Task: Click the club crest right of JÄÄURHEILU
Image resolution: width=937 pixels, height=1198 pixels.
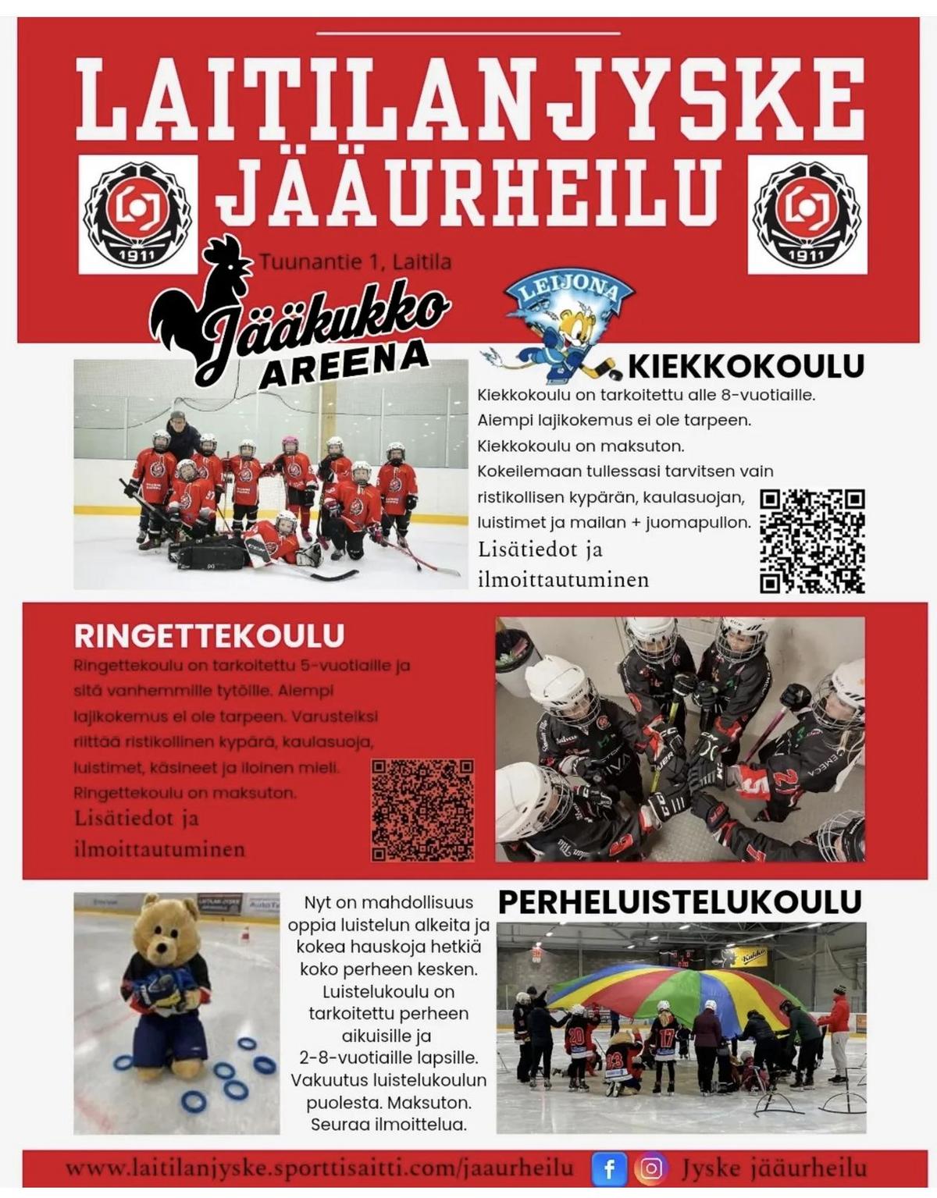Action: click(x=807, y=215)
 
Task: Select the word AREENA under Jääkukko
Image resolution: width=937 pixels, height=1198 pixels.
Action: click(x=344, y=364)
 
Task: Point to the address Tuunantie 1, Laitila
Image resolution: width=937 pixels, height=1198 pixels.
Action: click(x=355, y=261)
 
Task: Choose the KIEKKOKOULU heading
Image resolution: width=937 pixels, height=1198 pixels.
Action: click(x=746, y=365)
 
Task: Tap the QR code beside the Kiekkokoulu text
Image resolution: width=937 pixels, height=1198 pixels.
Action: click(x=812, y=540)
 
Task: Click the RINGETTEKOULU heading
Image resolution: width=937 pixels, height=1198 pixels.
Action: click(x=209, y=635)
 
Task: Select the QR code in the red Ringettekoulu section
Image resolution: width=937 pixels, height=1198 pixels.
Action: click(x=422, y=810)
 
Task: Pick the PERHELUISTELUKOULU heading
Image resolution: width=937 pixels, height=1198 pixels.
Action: click(x=679, y=902)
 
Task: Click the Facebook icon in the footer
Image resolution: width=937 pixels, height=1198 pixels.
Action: click(x=610, y=1168)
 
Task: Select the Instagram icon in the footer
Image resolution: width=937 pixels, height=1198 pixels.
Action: click(x=652, y=1168)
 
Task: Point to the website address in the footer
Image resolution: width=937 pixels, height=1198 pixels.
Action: click(x=319, y=1168)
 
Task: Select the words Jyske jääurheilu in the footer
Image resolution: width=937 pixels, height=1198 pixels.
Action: click(x=773, y=1168)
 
